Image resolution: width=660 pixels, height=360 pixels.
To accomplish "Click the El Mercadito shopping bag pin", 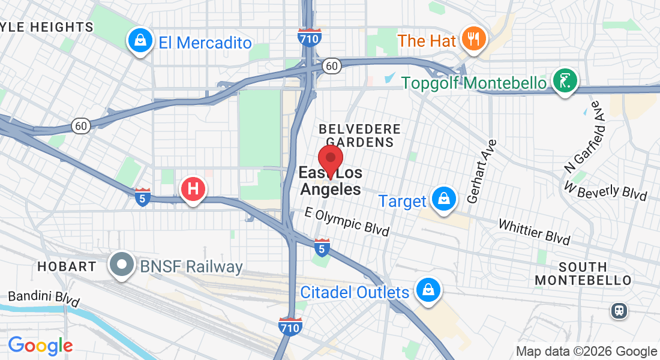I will coord(140,41).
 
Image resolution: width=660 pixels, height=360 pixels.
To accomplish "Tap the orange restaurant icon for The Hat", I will coord(474,40).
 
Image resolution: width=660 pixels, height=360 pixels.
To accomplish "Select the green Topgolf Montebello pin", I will coord(565,80).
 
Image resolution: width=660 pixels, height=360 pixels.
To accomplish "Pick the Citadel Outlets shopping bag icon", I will coord(427,290).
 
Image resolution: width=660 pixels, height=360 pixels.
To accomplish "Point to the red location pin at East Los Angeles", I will coord(330,160).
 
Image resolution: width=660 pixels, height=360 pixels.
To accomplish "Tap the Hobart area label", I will coord(67,266).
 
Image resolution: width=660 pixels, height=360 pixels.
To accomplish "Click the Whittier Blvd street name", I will coord(534,231).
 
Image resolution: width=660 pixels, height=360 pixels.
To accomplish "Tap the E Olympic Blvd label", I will coord(347,221).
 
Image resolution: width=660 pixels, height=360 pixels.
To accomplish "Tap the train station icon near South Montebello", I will coord(619,310).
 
